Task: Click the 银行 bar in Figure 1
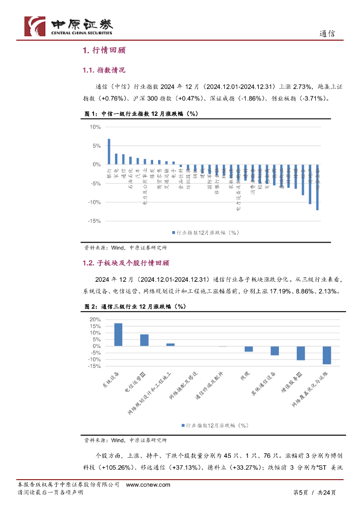click(x=109, y=152)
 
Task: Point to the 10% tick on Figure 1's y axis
click(x=95, y=127)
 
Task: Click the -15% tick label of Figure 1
click(x=94, y=221)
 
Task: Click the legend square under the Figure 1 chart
click(x=174, y=232)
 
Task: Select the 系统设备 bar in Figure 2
click(x=118, y=335)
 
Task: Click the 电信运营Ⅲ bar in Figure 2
click(x=144, y=340)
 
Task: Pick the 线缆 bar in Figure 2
click(x=249, y=349)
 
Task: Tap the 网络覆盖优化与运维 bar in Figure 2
click(x=327, y=355)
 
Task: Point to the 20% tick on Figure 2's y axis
click(x=94, y=319)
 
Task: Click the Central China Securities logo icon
click(x=35, y=26)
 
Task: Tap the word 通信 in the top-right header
click(x=327, y=34)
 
